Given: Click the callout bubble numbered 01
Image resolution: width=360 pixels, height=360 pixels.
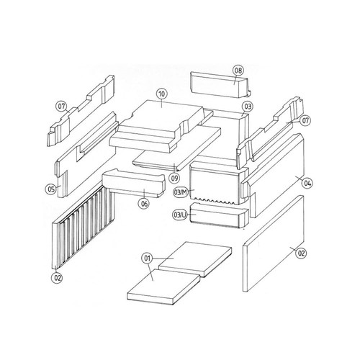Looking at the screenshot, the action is click(147, 258).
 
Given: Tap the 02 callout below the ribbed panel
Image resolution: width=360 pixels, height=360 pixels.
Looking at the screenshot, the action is click(58, 278).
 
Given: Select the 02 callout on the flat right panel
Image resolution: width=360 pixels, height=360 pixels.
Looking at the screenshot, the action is click(301, 253).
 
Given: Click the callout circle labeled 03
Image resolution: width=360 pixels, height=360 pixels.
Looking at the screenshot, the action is click(248, 106).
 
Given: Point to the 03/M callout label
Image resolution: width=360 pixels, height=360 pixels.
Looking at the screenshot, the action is click(181, 192).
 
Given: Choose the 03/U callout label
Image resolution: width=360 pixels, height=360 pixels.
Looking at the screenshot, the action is click(180, 215).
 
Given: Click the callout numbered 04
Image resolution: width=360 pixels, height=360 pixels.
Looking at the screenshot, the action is click(307, 184).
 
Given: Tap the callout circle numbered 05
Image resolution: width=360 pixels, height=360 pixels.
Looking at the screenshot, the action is click(51, 189).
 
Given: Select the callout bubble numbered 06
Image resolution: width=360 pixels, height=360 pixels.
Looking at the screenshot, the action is click(144, 204).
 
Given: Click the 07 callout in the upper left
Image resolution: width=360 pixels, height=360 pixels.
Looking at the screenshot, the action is click(61, 106).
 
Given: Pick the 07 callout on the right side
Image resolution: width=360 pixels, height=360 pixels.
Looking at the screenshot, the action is click(305, 120).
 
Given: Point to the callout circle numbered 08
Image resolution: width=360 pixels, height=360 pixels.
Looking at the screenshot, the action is click(238, 71).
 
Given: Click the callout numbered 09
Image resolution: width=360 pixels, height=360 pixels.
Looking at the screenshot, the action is click(174, 178).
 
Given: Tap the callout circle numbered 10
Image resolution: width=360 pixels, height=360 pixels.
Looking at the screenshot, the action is click(162, 94).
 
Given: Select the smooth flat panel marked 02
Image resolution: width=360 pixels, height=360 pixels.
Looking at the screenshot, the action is click(274, 243).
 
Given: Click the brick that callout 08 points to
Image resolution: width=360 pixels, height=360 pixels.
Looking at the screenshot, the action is click(220, 84).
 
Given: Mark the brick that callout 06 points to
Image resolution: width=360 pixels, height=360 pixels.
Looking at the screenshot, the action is click(134, 183).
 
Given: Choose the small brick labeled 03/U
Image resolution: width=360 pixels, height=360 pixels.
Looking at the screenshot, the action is click(219, 215).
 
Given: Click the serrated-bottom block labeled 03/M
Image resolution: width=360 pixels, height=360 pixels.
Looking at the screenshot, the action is click(218, 183).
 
